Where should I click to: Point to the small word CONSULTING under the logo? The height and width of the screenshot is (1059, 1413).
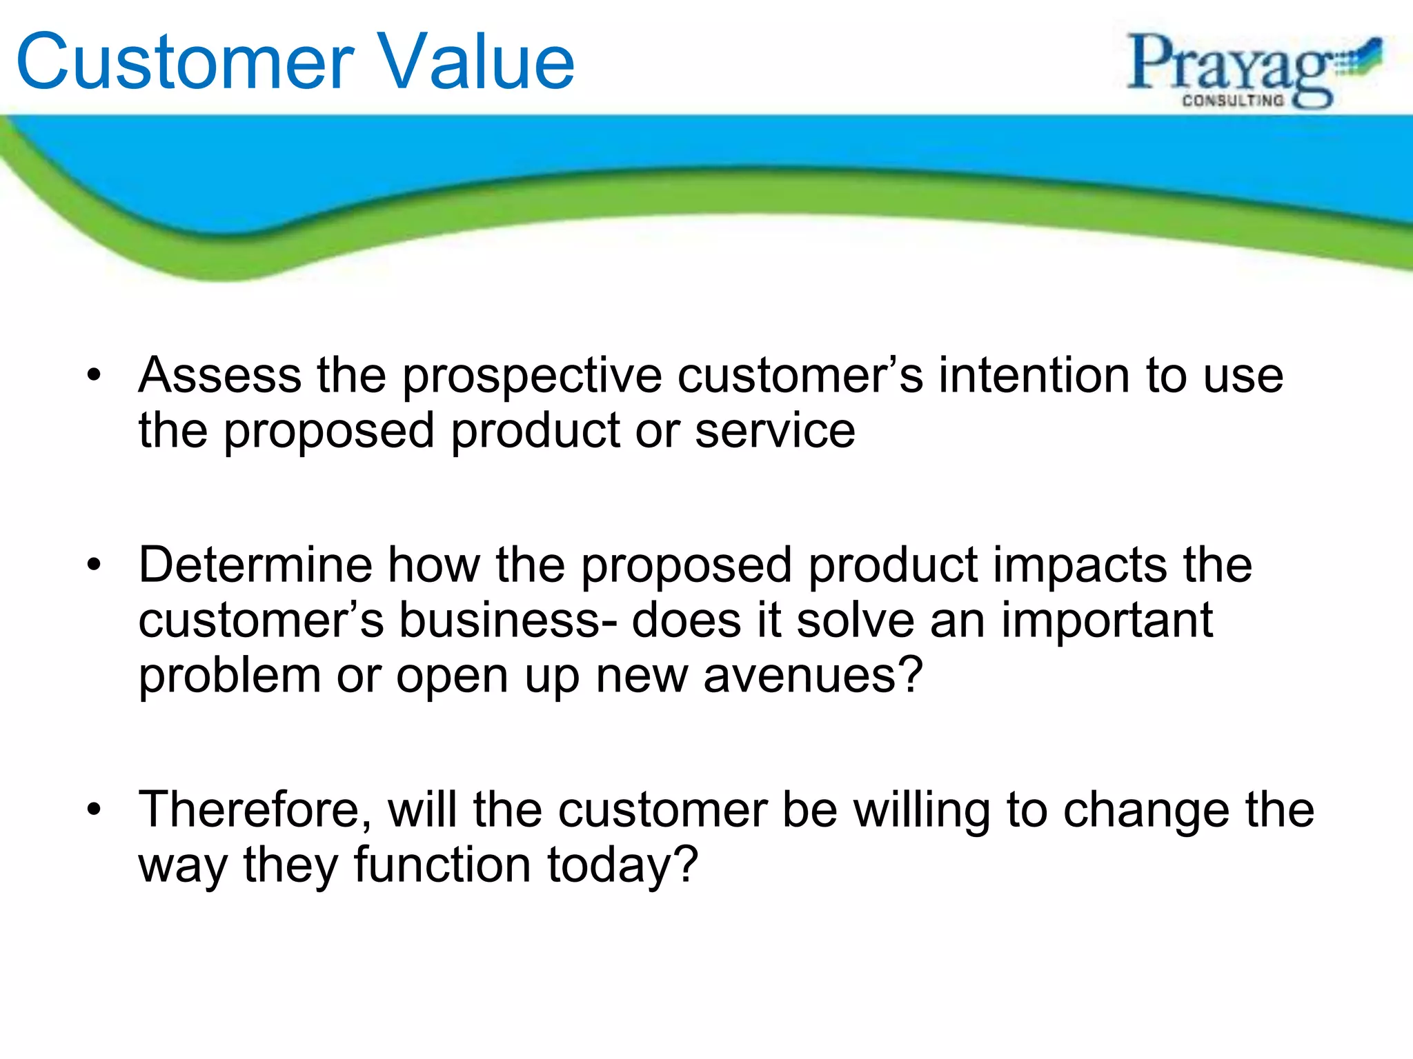coord(1233,101)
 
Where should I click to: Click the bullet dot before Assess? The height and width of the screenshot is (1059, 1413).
coord(95,376)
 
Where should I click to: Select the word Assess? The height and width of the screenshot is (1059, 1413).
coord(219,376)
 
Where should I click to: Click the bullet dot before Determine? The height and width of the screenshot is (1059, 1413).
coord(95,566)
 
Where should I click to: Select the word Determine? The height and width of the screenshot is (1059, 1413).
coord(255,565)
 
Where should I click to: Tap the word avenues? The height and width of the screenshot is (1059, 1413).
coord(813,676)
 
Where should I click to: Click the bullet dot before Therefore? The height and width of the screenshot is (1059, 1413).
coord(95,811)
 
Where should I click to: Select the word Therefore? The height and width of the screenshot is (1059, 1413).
coord(255,810)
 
